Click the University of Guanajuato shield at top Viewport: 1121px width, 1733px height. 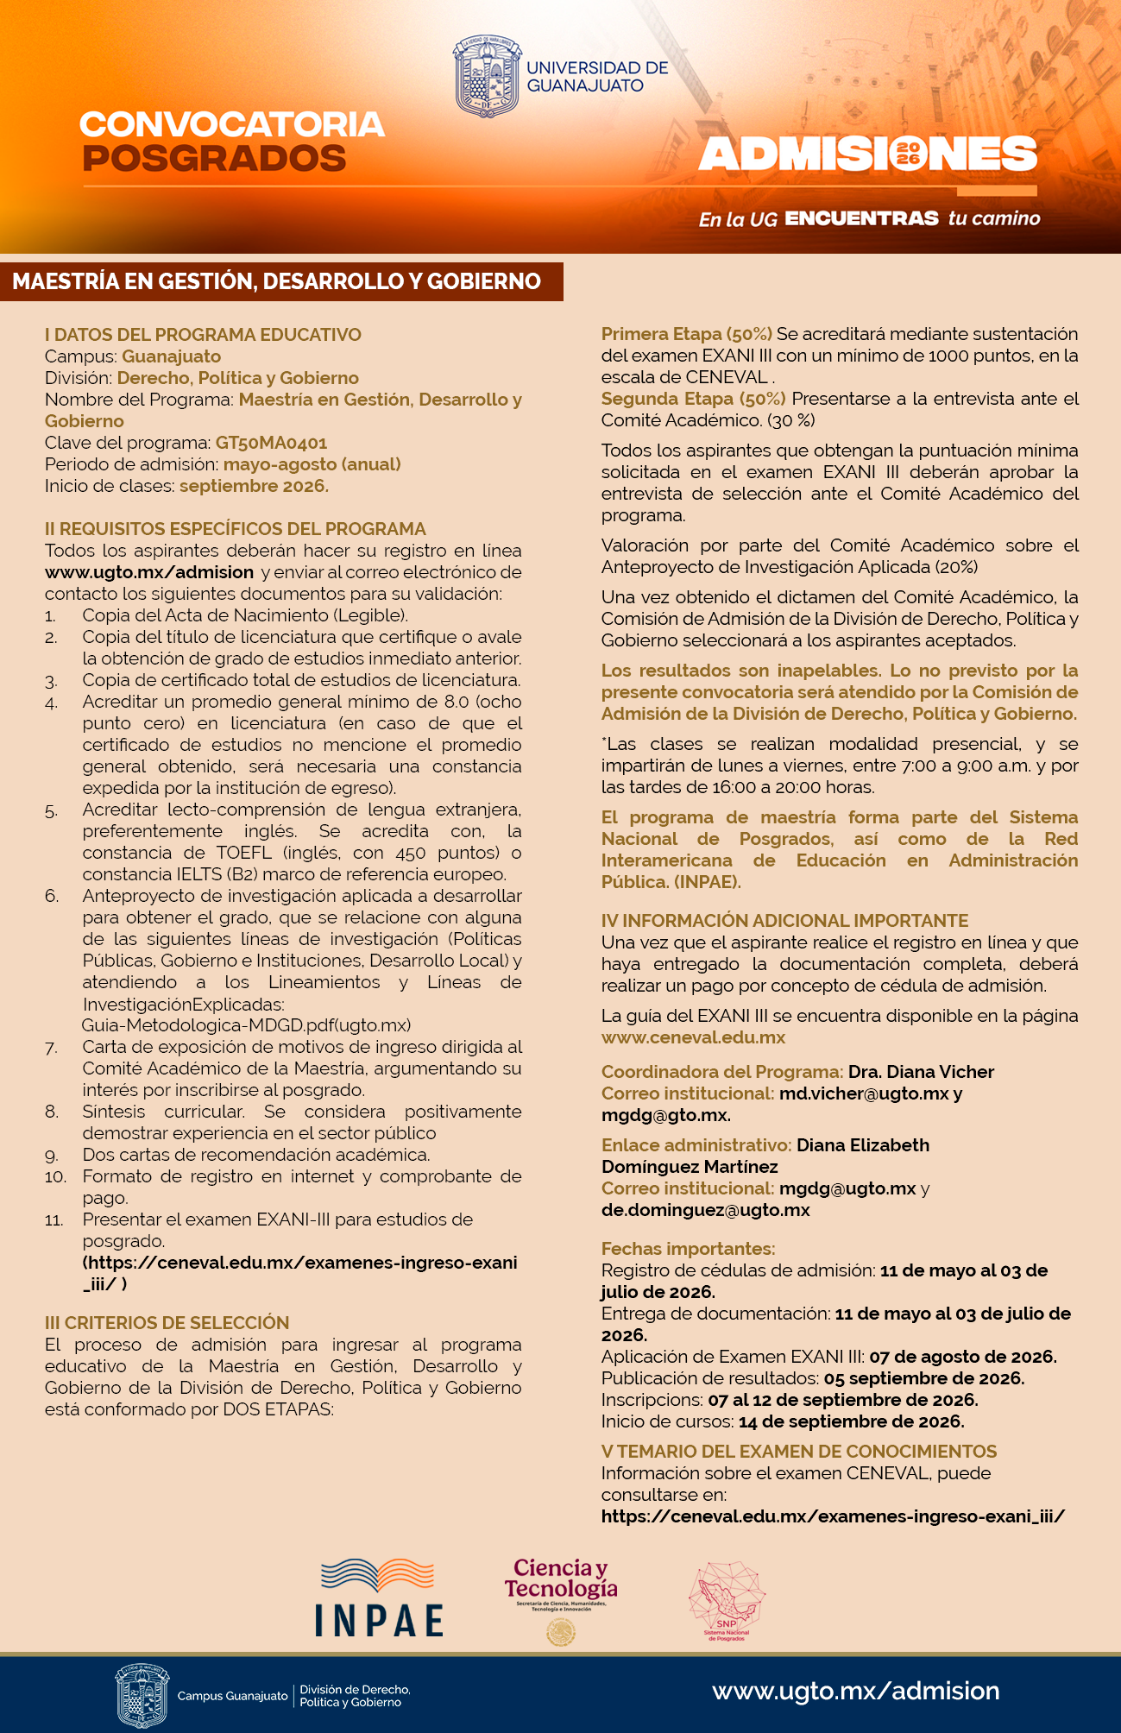point(488,76)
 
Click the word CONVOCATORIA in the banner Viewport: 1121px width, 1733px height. point(231,124)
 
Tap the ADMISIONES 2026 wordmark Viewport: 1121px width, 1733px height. point(867,154)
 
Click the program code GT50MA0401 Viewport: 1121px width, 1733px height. point(271,443)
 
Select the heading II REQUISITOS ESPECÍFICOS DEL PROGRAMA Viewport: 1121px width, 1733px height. point(236,528)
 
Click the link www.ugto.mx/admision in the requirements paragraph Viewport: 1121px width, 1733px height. point(149,572)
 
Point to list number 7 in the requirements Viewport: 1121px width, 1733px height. point(52,1048)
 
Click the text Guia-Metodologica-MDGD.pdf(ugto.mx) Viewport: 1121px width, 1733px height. point(246,1025)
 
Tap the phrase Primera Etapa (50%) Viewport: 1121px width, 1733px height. point(686,334)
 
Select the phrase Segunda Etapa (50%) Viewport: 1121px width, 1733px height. point(693,399)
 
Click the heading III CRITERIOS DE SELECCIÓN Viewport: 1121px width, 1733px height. point(167,1322)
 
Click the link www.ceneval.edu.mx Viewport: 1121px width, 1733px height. point(693,1037)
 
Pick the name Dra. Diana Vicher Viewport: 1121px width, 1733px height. point(921,1072)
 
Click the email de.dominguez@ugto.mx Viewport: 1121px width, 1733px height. point(705,1210)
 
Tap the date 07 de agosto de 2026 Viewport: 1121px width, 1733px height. point(962,1357)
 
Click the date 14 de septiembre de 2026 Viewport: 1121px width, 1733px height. point(851,1421)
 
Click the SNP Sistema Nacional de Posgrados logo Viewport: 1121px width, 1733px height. point(727,1601)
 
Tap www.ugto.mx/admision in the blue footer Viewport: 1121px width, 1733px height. point(855,1691)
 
